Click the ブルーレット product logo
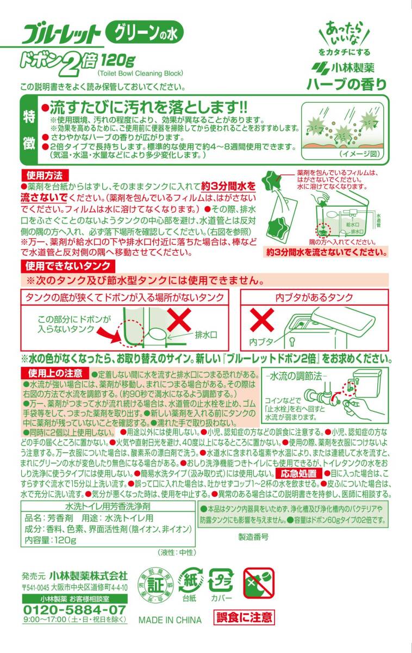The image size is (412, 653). click(61, 34)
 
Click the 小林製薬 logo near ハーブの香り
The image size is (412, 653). click(343, 68)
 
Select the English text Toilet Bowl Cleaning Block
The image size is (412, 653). click(140, 73)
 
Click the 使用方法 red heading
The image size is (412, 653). click(45, 175)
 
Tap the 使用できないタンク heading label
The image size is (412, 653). click(68, 266)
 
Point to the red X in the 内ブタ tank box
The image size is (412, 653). click(262, 319)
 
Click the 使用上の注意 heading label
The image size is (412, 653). click(55, 373)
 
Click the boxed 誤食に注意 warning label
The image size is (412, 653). click(244, 617)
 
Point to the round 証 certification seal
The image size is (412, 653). click(155, 584)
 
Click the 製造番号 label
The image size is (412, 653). click(253, 537)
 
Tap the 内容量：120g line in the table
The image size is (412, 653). click(50, 540)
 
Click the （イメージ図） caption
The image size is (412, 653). click(360, 154)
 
